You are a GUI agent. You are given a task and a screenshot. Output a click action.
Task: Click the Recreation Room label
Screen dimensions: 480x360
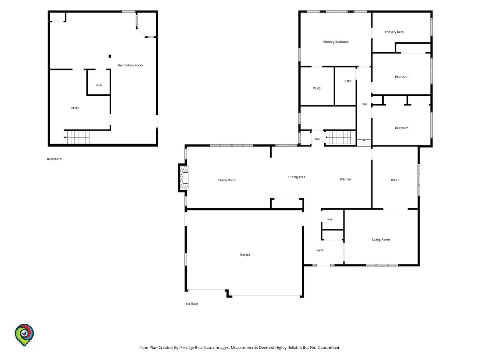pyautogui.click(x=130, y=65)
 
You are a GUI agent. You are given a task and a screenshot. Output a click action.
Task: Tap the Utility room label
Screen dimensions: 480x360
pyautogui.click(x=74, y=108)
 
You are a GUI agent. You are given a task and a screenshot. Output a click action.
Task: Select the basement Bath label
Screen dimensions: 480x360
pyautogui.click(x=99, y=85)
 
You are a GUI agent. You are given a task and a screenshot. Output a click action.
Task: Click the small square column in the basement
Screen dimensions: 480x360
pyautogui.click(x=110, y=56)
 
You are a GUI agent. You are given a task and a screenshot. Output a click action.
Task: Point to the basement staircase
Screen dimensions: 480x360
pyautogui.click(x=76, y=137)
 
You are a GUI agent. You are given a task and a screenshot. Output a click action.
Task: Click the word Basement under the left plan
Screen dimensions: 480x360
pyautogui.click(x=54, y=159)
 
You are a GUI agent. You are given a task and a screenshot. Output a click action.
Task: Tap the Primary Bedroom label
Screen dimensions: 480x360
pyautogui.click(x=336, y=42)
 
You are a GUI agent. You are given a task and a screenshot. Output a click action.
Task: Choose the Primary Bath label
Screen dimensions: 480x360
pyautogui.click(x=394, y=32)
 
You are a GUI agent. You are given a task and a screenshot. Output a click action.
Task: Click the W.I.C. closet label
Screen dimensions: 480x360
pyautogui.click(x=317, y=88)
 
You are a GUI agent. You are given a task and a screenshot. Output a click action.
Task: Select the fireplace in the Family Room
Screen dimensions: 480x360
pyautogui.click(x=184, y=178)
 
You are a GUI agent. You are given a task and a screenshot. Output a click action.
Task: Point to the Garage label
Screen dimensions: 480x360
pyautogui.click(x=245, y=255)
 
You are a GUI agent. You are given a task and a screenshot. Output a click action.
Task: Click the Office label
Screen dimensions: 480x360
pyautogui.click(x=395, y=180)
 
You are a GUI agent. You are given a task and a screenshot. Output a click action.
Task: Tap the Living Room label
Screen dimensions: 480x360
pyautogui.click(x=381, y=240)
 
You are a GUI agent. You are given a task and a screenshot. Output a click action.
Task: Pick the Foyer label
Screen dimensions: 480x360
pyautogui.click(x=320, y=250)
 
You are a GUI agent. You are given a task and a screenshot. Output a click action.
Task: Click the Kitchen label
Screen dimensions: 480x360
pyautogui.click(x=345, y=179)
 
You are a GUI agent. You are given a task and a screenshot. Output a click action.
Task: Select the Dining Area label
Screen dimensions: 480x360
pyautogui.click(x=296, y=177)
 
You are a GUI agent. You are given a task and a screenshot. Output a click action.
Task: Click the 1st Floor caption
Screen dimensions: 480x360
pyautogui.click(x=192, y=304)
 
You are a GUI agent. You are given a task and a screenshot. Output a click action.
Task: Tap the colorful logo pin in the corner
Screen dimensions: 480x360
pyautogui.click(x=24, y=335)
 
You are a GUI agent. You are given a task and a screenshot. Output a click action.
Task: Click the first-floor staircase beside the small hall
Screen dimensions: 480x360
pyautogui.click(x=340, y=137)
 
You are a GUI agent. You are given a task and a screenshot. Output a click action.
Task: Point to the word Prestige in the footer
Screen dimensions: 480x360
pyautogui.click(x=187, y=348)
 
